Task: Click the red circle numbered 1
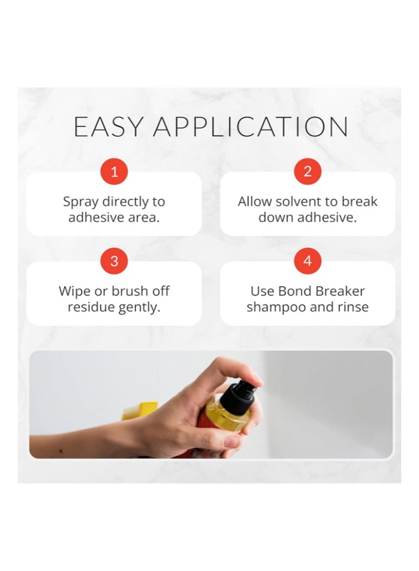[114, 171]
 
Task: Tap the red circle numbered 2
[307, 171]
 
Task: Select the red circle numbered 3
[114, 261]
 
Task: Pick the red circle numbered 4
[307, 261]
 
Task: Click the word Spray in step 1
[81, 202]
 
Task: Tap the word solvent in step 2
[296, 201]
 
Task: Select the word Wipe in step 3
[74, 291]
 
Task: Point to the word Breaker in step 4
[340, 291]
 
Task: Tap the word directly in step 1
[124, 202]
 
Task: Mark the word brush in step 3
[130, 291]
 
